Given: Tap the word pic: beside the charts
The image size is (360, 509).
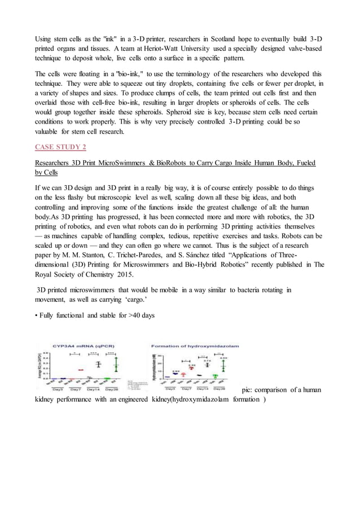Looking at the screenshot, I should (x=248, y=389).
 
